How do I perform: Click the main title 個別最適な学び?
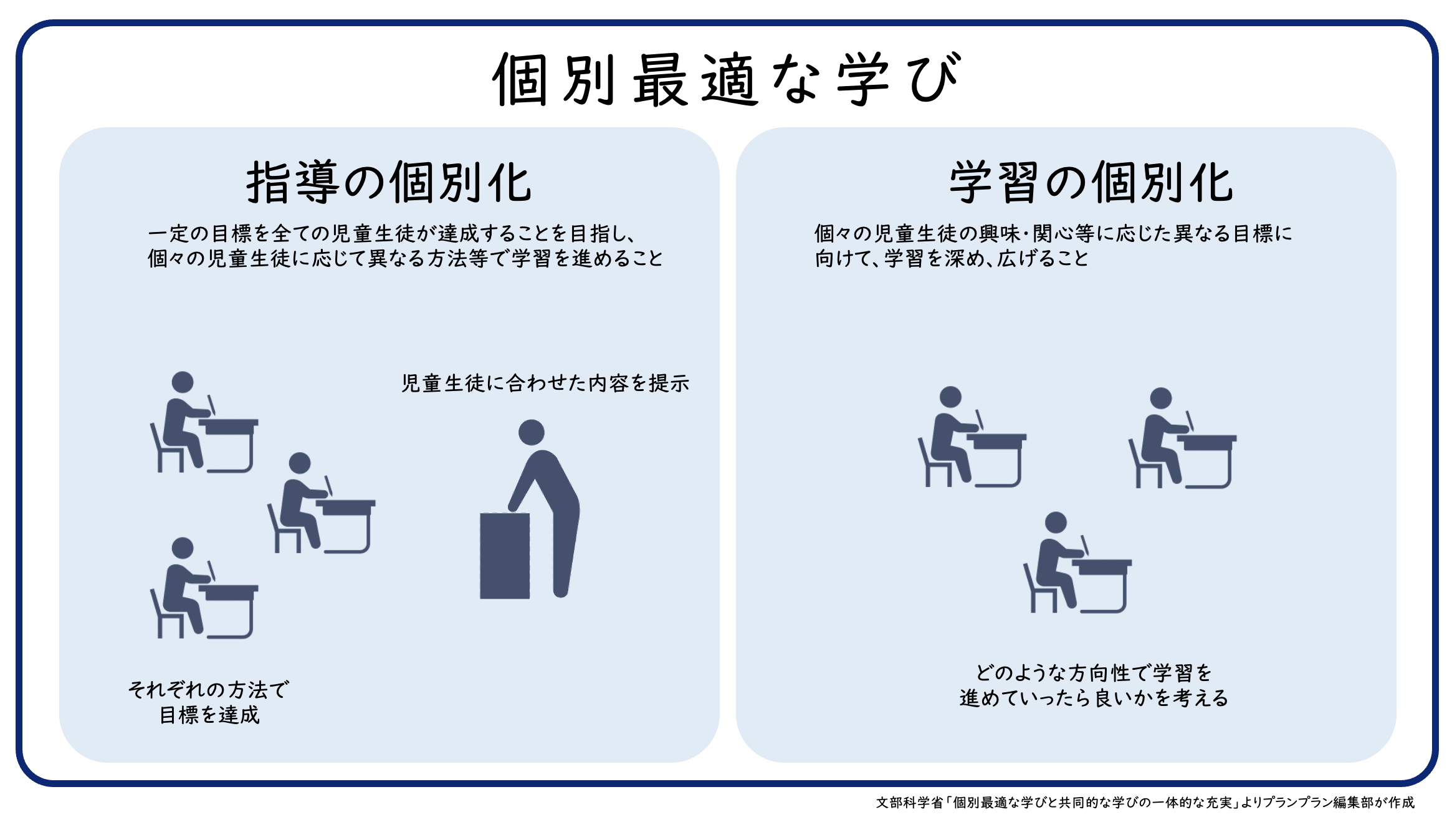pos(727,79)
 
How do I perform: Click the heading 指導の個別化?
pos(389,182)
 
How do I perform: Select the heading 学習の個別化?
pos(1091,182)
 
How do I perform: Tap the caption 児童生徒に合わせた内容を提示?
pos(545,383)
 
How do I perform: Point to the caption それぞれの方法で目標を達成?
pos(209,702)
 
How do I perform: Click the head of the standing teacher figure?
pos(532,432)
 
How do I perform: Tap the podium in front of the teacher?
pos(505,556)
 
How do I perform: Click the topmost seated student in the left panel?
pos(204,422)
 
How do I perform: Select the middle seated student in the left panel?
pos(322,503)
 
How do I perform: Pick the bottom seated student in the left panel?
pos(204,587)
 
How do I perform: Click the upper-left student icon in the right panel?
pos(972,437)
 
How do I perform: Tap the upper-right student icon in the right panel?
pos(1183,438)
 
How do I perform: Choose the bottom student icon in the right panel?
pos(1077,563)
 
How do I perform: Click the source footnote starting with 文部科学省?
pos(1145,803)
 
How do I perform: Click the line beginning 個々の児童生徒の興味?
pos(1053,234)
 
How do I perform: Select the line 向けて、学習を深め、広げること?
pos(952,259)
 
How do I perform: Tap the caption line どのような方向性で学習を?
pos(1094,673)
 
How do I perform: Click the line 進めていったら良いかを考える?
pos(1094,698)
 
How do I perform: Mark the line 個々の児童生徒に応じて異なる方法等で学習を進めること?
pos(405,259)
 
